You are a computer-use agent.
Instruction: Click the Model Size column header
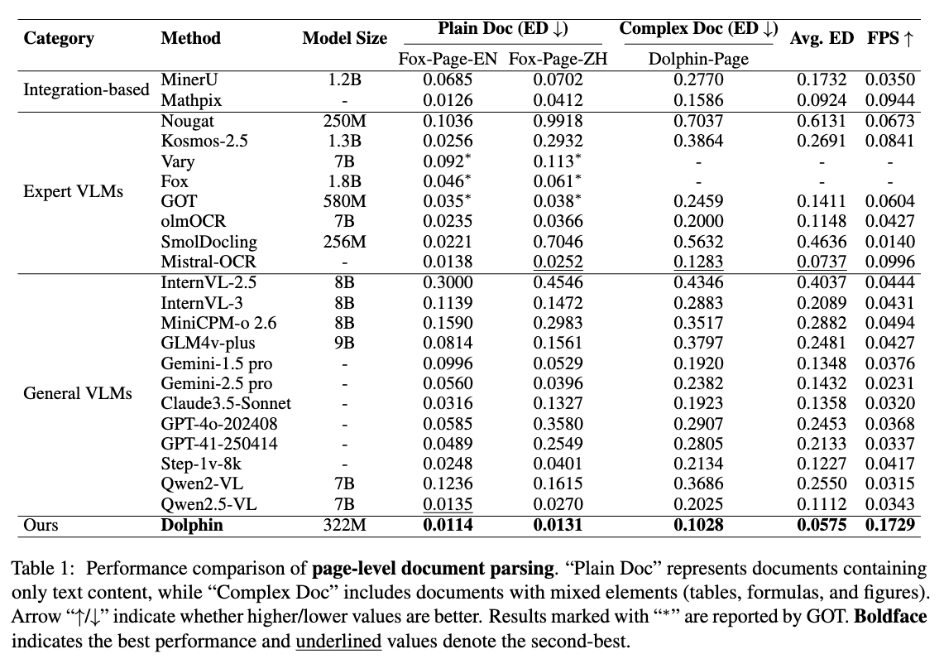point(344,39)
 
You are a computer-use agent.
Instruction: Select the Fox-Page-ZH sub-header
point(558,59)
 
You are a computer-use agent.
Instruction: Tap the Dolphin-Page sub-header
point(698,59)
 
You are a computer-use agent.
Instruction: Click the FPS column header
point(890,39)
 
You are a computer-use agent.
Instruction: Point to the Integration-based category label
point(86,89)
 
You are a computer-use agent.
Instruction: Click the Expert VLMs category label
point(73,191)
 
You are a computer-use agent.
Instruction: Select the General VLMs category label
point(78,393)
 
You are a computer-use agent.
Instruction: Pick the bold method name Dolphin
point(191,525)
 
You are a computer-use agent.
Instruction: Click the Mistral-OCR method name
point(208,262)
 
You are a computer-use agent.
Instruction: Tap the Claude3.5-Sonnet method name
point(226,403)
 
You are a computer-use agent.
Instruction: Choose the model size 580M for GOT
point(344,201)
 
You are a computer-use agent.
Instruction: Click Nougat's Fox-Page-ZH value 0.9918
point(558,121)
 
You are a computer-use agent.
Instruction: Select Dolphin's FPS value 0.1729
point(890,525)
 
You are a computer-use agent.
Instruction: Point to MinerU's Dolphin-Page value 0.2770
point(698,80)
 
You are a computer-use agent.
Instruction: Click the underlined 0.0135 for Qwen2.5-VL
point(448,504)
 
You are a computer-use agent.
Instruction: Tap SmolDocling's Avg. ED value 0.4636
point(822,242)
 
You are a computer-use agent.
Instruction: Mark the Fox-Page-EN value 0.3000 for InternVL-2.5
point(448,282)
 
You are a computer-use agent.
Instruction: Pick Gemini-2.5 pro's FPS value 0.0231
point(890,383)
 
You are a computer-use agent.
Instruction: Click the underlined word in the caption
point(338,641)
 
